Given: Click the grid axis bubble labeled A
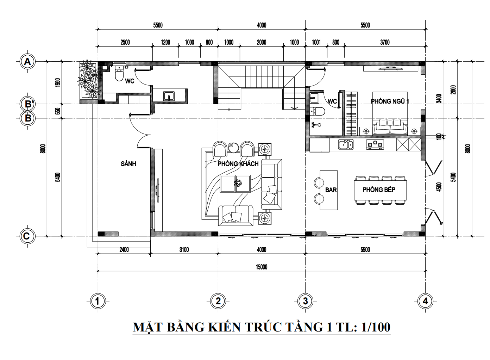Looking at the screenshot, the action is pos(27,62).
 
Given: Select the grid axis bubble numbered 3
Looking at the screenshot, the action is pos(306,301).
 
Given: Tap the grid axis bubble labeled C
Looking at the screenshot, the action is pos(27,236).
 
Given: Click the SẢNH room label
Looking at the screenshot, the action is pos(128,164).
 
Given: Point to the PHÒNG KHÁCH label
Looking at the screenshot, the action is pos(238,164).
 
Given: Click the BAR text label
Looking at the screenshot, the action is pos(331,190).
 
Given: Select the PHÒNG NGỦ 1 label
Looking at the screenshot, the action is pos(390,101).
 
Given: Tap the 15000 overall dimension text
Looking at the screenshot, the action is pos(262,267).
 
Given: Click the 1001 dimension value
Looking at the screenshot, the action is pos(316,42).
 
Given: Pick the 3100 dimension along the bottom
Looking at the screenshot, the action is pos(184,250).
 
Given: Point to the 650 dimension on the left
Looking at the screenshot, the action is pos(58,111).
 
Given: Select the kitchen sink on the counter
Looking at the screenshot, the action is pos(346,144).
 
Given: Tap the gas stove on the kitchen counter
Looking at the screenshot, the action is pos(375,145).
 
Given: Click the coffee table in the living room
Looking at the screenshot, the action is pos(235,184).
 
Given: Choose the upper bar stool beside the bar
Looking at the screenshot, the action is pos(319,183).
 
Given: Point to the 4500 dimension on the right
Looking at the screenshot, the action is pos(439,187).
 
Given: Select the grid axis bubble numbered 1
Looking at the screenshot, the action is pos(98,301).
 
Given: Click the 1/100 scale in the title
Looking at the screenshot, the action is pos(376,327).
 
